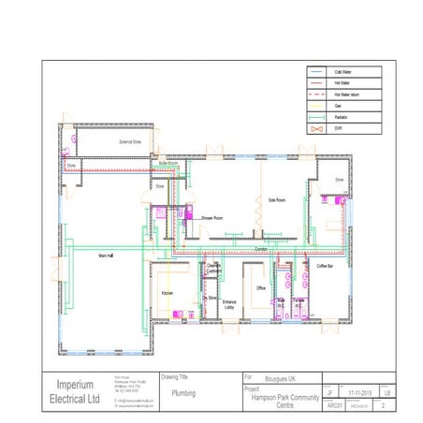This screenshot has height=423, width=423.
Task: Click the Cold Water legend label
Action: [342, 72]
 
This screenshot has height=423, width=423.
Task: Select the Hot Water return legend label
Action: [346, 95]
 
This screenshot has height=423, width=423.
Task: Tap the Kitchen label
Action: [167, 293]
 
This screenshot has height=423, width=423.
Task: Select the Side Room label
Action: [276, 199]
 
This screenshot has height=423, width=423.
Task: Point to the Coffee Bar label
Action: [325, 267]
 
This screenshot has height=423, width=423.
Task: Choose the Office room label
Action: [262, 289]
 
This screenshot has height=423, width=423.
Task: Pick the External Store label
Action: [116, 142]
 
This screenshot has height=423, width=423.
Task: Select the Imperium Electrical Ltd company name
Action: [77, 391]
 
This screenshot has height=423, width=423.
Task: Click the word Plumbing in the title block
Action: [183, 394]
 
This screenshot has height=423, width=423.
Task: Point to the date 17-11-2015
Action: [358, 394]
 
